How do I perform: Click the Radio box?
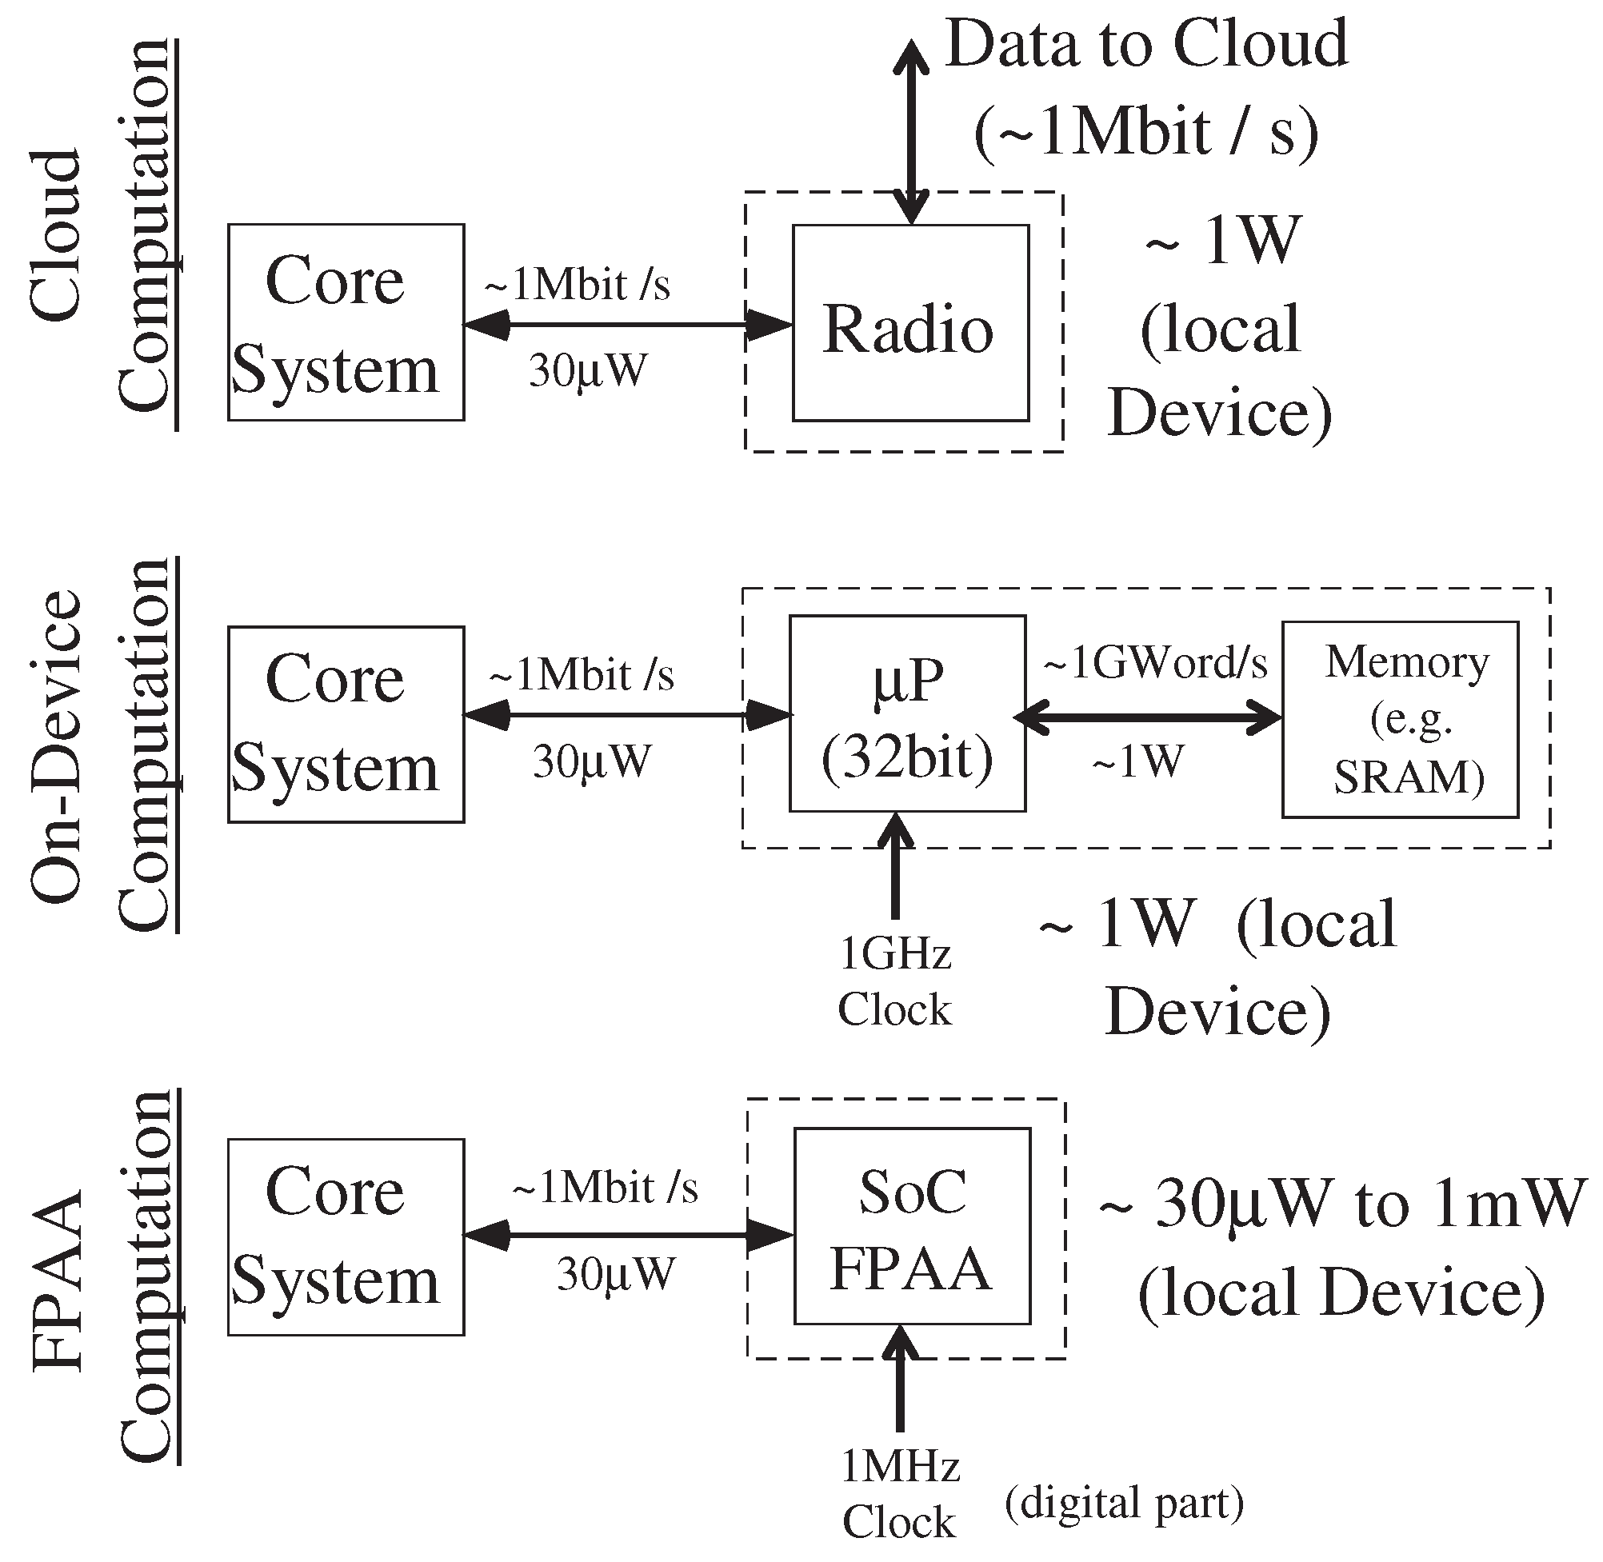[909, 323]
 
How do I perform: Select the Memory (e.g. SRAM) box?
[1400, 719]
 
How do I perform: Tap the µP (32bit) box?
[907, 713]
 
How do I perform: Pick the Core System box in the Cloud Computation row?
[346, 322]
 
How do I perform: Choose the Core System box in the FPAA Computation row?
[346, 1236]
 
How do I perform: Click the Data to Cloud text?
[1146, 45]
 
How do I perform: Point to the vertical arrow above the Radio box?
[910, 131]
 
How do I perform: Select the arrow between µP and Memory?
[1147, 719]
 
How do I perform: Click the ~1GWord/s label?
[1154, 663]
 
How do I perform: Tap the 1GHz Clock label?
[894, 982]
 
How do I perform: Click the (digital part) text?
[1124, 1503]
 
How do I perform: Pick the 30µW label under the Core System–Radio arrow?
[587, 371]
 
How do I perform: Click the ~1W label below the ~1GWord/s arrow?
[1139, 762]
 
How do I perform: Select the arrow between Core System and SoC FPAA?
[628, 1236]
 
